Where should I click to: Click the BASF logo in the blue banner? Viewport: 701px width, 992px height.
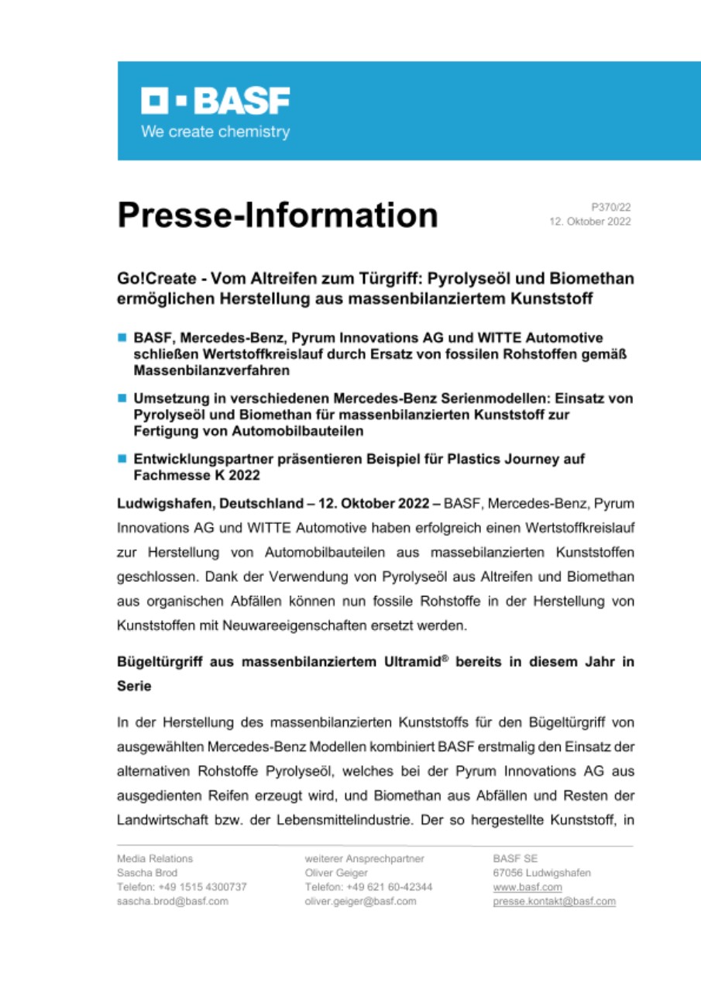tap(215, 101)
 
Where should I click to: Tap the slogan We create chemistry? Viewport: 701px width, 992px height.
tap(215, 132)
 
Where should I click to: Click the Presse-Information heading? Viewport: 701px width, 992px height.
tap(277, 215)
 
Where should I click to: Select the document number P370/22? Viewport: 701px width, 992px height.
tap(611, 207)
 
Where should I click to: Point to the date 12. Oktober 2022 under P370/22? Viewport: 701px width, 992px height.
tap(590, 222)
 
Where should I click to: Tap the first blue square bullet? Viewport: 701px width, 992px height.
tap(122, 337)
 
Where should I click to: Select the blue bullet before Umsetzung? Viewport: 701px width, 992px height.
tap(122, 398)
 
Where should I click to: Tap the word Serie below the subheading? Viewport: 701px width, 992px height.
tap(134, 687)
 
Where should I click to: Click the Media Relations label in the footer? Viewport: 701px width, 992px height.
tap(155, 858)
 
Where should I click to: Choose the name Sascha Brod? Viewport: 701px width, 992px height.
tap(147, 873)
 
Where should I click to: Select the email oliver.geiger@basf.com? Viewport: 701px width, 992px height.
tap(361, 901)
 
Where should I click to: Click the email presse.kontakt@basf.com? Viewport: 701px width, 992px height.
tap(554, 901)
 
